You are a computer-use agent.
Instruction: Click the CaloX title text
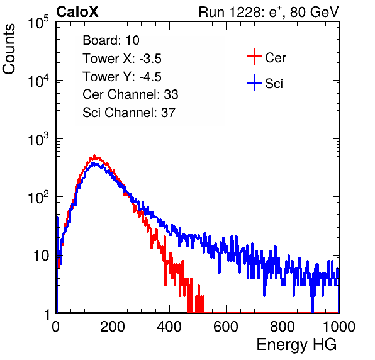click(77, 12)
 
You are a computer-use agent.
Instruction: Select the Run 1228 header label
click(269, 12)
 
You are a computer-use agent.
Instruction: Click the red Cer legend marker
click(254, 57)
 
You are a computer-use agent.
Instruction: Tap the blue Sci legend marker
click(254, 83)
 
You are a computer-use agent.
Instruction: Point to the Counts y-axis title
click(9, 48)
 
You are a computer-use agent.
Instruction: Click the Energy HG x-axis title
click(296, 345)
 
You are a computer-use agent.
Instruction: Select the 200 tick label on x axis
click(113, 327)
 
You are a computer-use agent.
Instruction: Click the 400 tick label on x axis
click(169, 327)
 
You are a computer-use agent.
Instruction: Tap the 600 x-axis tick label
click(226, 327)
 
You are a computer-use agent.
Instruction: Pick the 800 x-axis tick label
click(283, 327)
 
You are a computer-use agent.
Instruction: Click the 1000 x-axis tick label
click(339, 327)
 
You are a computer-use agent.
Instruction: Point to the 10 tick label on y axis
click(41, 256)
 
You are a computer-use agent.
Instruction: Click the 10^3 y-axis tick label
click(39, 138)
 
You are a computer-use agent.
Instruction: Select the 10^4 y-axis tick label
click(39, 81)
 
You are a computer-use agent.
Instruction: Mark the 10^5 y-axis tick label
click(39, 22)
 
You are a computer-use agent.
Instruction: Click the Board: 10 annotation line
click(111, 40)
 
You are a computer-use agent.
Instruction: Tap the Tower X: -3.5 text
click(122, 59)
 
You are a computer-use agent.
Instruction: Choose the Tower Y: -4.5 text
click(122, 77)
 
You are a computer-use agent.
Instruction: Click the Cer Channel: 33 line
click(130, 94)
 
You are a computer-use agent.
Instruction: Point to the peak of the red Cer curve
click(94, 156)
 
